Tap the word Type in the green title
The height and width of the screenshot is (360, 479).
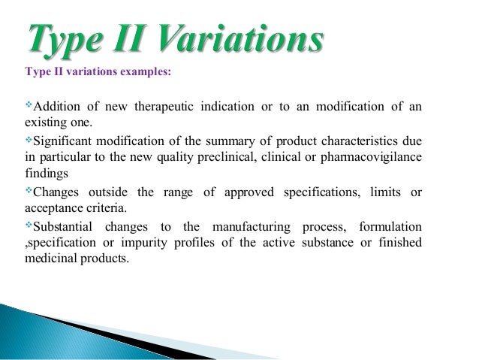click(x=61, y=41)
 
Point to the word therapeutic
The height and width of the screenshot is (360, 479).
click(x=164, y=106)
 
